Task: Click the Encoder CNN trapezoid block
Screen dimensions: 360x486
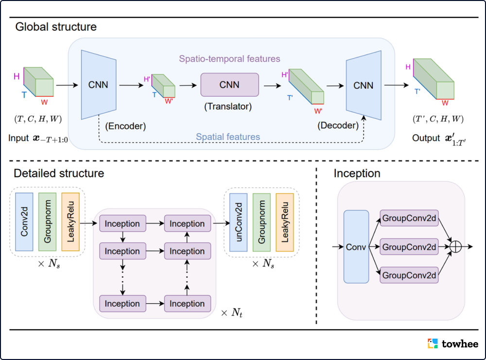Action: coord(99,85)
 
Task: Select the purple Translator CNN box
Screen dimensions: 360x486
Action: coord(229,85)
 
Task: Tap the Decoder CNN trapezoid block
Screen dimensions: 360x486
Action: coord(363,86)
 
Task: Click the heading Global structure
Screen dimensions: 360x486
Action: coord(56,27)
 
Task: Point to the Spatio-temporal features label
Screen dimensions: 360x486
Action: coord(229,59)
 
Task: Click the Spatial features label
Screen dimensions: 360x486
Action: coord(228,137)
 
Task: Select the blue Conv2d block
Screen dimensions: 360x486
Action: coord(24,222)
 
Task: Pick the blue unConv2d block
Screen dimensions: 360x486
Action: coord(238,222)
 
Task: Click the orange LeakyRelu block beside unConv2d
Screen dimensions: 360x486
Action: coord(284,222)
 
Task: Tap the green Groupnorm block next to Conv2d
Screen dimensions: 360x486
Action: coord(48,222)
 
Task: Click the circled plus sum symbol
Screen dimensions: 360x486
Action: coord(455,247)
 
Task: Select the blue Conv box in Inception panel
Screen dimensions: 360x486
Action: coord(356,247)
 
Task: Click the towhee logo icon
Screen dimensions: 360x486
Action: coord(433,344)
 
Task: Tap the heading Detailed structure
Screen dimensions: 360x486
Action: coord(59,173)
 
